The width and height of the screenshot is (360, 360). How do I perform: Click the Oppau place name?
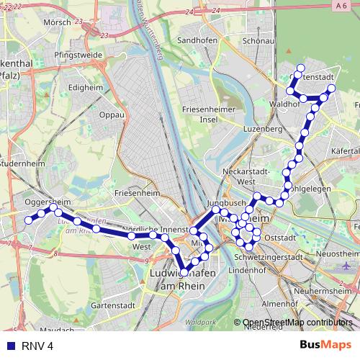(x=112, y=114)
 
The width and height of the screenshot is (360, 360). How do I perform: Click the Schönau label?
(x=256, y=40)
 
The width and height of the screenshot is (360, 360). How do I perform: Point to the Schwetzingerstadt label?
(x=270, y=256)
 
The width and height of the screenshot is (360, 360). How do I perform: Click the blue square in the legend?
(x=10, y=346)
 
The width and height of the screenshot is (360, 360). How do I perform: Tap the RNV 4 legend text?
(x=39, y=346)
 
